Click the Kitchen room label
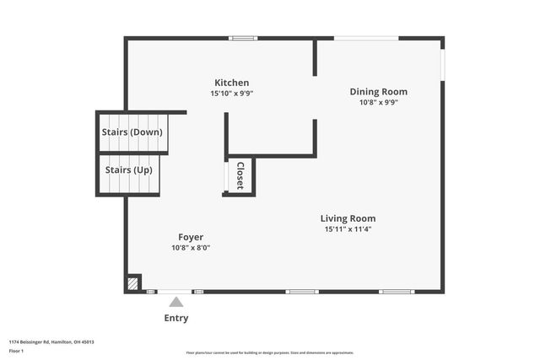point(231,83)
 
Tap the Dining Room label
point(378,92)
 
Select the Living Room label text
point(348,218)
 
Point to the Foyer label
point(190,237)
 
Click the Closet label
point(240,175)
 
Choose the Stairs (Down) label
point(132,132)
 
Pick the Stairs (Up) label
point(128,170)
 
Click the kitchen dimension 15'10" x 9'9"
point(231,94)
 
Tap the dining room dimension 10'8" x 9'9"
point(378,103)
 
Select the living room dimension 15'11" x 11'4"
point(348,229)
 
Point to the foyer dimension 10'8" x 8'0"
point(190,248)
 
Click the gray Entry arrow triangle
point(175,302)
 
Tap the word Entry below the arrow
point(175,318)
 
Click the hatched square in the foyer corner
point(132,284)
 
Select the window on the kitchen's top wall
point(244,38)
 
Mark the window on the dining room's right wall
point(442,65)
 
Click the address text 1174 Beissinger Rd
point(51,341)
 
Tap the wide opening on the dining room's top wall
point(366,38)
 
